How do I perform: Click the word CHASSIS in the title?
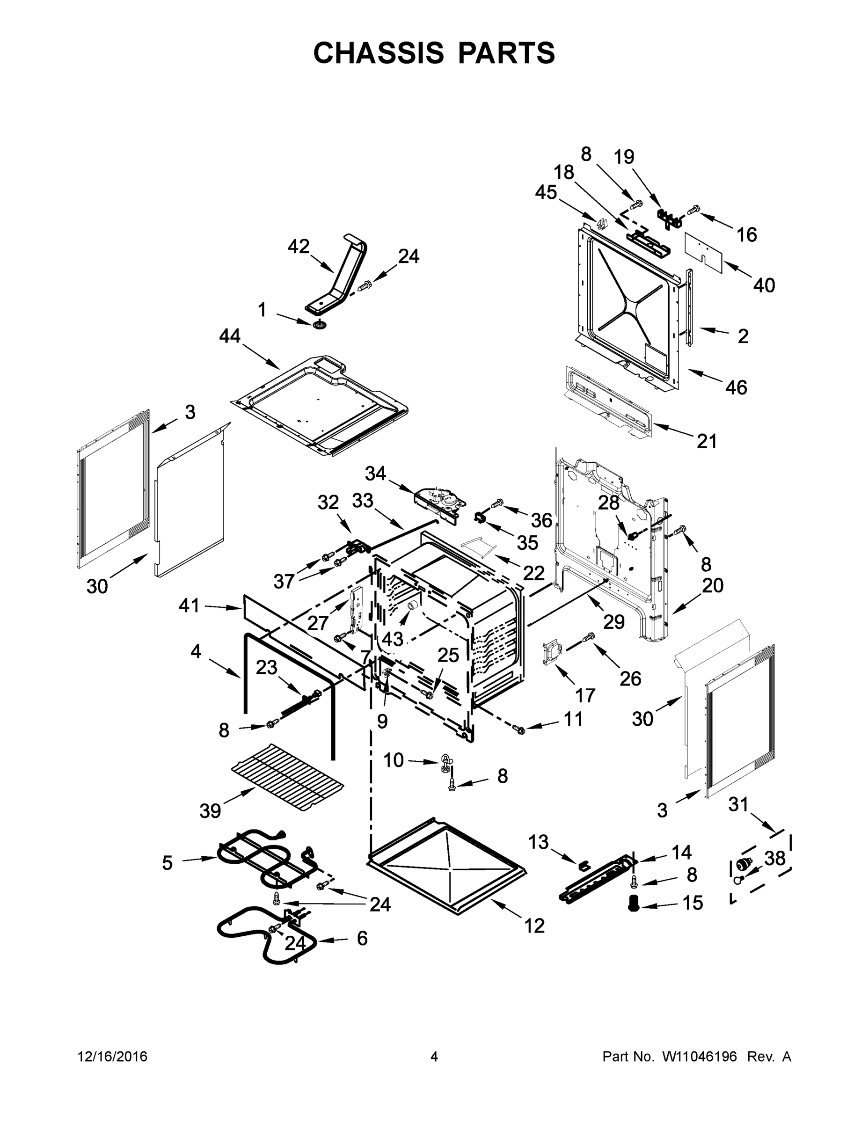coord(379,53)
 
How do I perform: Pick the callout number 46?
coord(736,387)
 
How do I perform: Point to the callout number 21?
coord(707,441)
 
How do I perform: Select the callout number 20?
coord(713,585)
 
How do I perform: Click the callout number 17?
coord(584,695)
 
